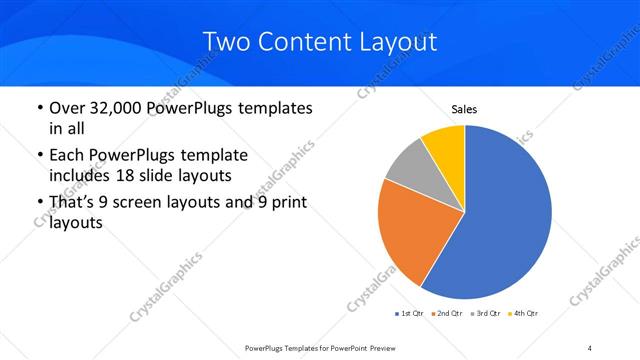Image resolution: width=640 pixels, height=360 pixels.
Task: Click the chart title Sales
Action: [x=464, y=108]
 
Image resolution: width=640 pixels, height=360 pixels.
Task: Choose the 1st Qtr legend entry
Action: [x=409, y=314]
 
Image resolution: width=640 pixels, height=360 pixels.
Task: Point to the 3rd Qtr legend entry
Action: [x=485, y=314]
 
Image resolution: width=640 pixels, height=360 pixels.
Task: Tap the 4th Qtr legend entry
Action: [x=523, y=314]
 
